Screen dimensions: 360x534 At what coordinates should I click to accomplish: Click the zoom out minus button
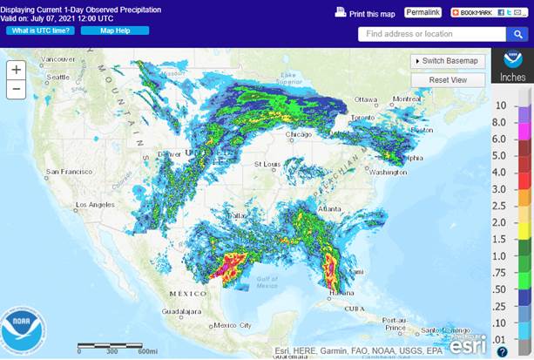(x=16, y=89)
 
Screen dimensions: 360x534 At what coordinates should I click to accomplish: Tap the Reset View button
(x=448, y=79)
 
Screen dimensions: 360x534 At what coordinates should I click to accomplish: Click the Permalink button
(x=422, y=12)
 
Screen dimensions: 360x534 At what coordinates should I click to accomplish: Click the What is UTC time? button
(x=40, y=31)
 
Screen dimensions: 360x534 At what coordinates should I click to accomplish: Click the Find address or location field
(x=431, y=34)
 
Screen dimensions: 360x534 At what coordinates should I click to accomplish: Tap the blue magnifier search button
(x=517, y=34)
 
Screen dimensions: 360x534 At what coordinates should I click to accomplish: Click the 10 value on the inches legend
(x=501, y=105)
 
